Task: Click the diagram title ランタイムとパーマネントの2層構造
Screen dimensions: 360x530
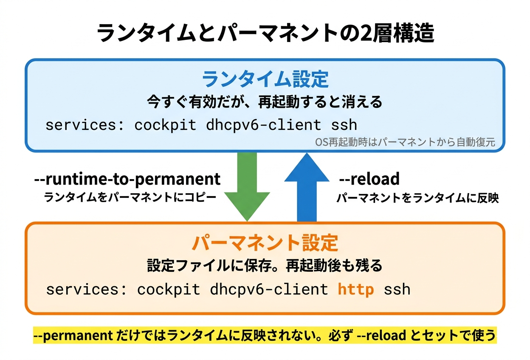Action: [265, 33]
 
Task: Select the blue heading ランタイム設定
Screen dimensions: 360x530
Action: [265, 79]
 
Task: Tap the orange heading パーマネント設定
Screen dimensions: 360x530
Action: [265, 243]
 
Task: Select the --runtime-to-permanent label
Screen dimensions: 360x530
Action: [127, 179]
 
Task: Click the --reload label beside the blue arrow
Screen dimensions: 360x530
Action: [369, 179]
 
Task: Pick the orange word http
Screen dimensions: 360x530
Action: [356, 290]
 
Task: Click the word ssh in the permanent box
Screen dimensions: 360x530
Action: [397, 290]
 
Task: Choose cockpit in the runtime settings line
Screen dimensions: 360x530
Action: [165, 125]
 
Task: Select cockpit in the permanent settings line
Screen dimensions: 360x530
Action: [168, 290]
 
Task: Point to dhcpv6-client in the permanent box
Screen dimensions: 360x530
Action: [268, 290]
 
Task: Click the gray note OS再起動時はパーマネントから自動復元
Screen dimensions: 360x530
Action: [405, 142]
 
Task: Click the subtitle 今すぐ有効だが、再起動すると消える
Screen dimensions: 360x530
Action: [265, 102]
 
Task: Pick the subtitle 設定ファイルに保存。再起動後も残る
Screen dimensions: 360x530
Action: [265, 266]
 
